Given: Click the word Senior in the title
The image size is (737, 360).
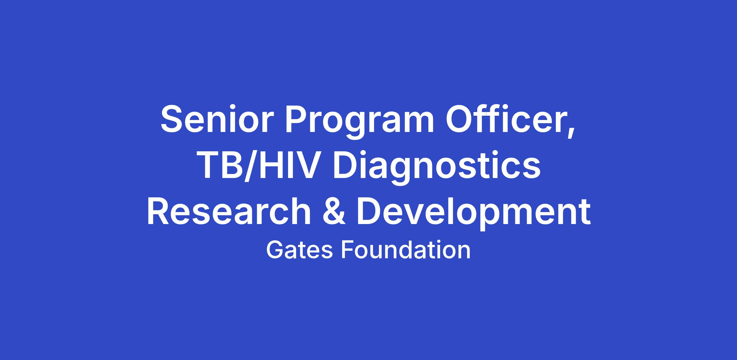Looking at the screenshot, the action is [216, 119].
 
